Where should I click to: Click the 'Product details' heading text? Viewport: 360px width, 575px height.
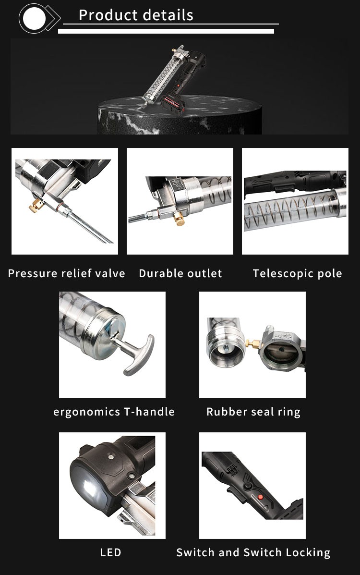(x=136, y=15)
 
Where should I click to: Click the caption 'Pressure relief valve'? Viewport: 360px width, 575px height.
(x=66, y=274)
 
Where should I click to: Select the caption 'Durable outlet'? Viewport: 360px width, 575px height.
(x=180, y=274)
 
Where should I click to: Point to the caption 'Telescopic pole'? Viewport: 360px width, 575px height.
(x=297, y=274)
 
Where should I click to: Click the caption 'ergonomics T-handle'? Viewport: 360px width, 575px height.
(x=114, y=412)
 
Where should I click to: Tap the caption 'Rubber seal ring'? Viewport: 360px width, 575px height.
(x=253, y=412)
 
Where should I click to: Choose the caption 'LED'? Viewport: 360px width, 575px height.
(x=111, y=552)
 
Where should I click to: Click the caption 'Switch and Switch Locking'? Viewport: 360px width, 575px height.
(x=253, y=552)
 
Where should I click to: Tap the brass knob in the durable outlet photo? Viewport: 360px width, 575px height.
(x=179, y=220)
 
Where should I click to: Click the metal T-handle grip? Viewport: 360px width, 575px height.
(x=140, y=355)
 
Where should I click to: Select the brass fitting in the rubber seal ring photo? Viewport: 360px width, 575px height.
(x=250, y=343)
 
